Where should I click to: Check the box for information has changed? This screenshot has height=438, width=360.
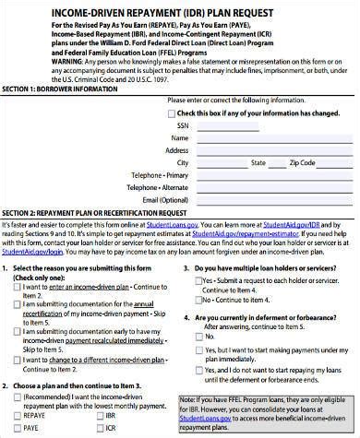169,112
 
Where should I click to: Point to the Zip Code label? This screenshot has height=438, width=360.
302,162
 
